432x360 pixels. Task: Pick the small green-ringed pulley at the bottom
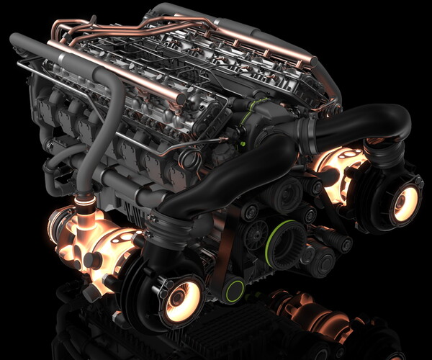[233, 290]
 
